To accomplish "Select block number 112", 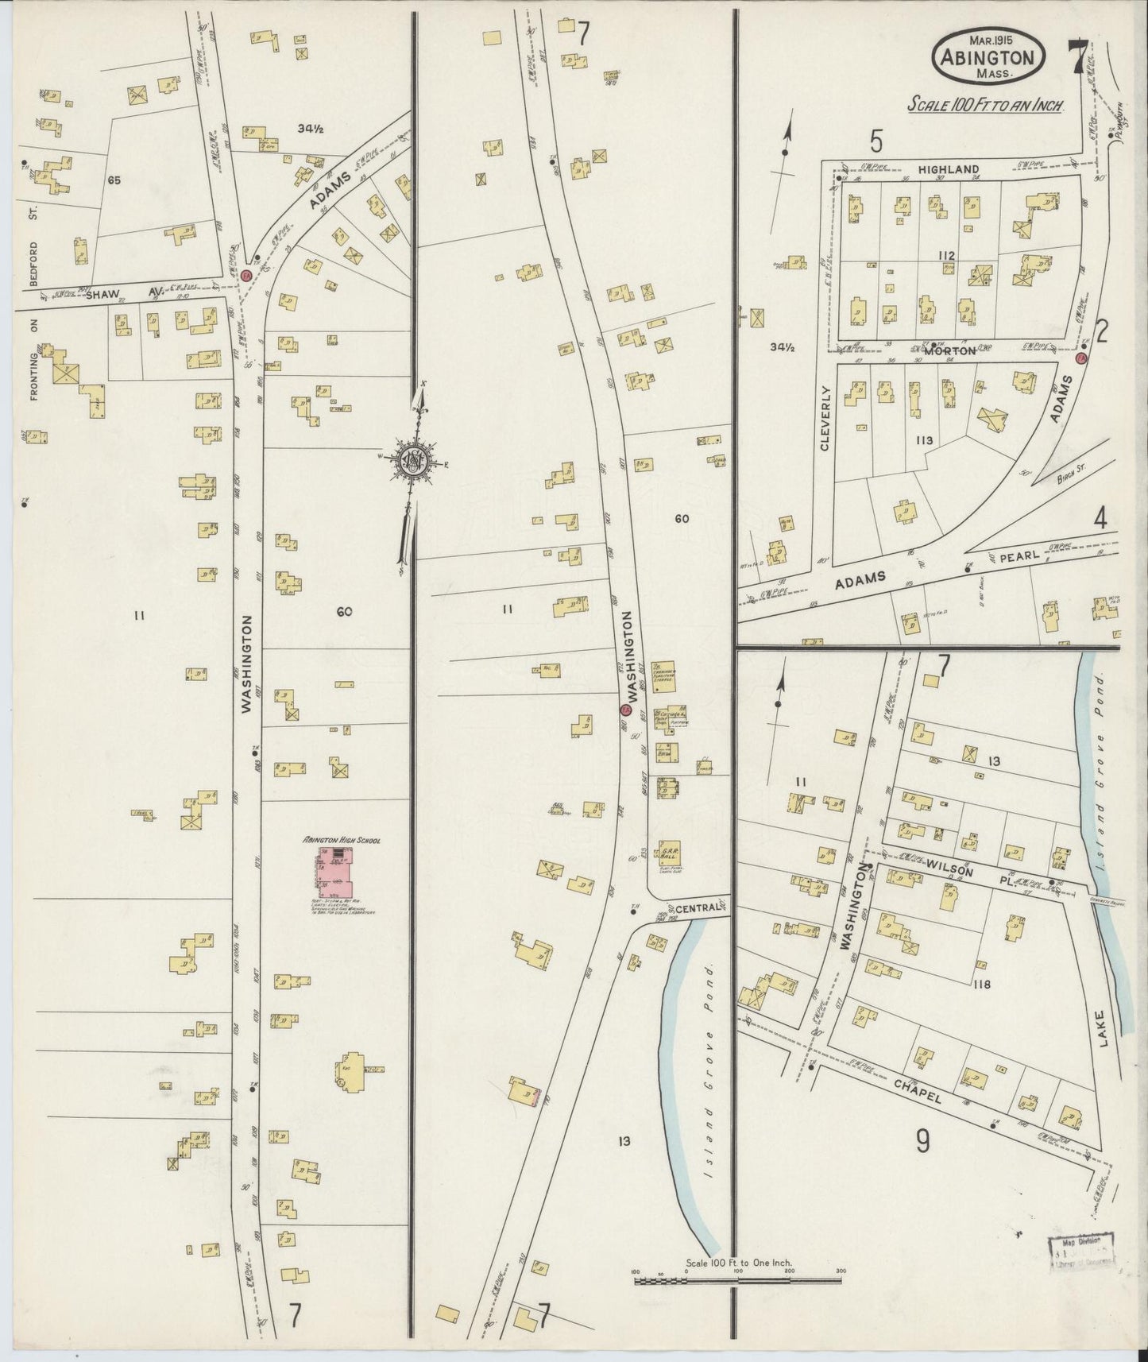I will click(x=945, y=255).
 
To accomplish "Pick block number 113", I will click(x=923, y=440).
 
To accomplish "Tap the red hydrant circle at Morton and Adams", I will click(x=1080, y=359).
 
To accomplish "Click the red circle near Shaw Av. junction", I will click(x=246, y=274).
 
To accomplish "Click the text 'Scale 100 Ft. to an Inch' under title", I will click(x=985, y=105).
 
